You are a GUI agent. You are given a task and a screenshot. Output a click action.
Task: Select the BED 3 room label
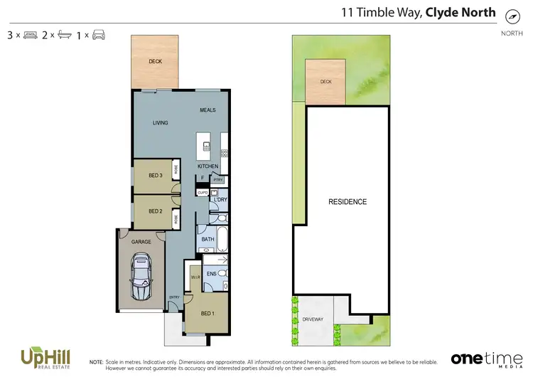[x=156, y=176]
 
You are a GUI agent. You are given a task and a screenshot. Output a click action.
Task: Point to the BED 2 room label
[x=156, y=211]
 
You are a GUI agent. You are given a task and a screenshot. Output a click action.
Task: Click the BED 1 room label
[x=208, y=314]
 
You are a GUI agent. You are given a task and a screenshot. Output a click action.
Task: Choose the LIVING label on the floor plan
[x=161, y=123]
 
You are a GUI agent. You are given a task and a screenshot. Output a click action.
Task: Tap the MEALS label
[x=208, y=110]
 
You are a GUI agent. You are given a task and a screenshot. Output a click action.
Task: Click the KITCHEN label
[x=208, y=166]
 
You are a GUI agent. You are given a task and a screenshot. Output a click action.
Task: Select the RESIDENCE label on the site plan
[x=348, y=202]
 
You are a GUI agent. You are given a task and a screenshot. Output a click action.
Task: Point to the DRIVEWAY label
[x=313, y=319]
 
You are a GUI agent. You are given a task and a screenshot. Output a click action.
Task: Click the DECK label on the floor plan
[x=155, y=62]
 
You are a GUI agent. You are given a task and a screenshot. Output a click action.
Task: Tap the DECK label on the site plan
[x=325, y=82]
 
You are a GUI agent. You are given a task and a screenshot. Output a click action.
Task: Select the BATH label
[x=208, y=240]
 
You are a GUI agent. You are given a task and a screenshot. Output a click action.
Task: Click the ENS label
[x=211, y=274]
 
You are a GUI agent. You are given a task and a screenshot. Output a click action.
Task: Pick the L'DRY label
[x=220, y=200]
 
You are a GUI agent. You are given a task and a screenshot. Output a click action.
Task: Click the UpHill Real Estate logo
[x=40, y=356]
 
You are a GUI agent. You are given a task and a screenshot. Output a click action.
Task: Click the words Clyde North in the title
[x=461, y=13]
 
